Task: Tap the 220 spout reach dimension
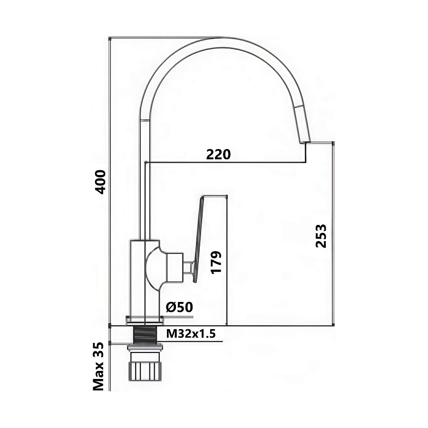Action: [x=218, y=155]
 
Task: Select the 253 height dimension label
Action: [x=321, y=235]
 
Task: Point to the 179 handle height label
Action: [x=216, y=263]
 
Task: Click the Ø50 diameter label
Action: [x=179, y=307]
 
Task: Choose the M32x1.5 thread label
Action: [x=191, y=333]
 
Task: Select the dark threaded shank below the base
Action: [x=145, y=335]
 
